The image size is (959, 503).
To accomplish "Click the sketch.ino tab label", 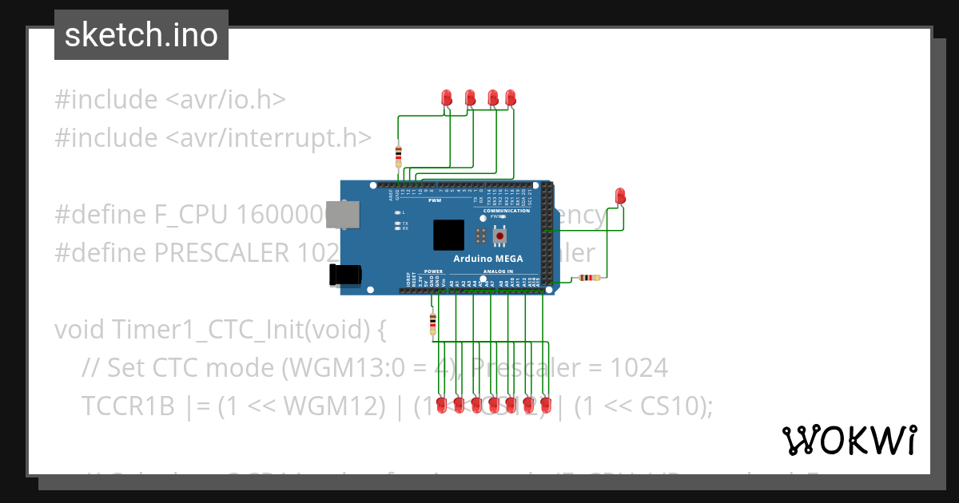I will (x=141, y=35).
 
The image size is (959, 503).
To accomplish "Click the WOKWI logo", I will (x=849, y=440).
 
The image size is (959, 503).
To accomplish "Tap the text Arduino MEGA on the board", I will (x=488, y=259).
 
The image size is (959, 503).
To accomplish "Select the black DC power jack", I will (x=345, y=275).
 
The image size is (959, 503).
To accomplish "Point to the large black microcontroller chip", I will (x=448, y=236).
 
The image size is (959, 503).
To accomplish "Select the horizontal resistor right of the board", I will (x=589, y=278).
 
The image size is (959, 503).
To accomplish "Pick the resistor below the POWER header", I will (x=433, y=323).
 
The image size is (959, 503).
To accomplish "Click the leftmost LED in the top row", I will (x=447, y=97).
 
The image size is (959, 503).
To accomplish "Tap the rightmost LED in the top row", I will (x=511, y=97).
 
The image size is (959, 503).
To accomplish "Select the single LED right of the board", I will (x=620, y=196).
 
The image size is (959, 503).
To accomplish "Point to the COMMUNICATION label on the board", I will (x=507, y=211).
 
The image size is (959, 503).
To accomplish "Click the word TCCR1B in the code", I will (x=127, y=406).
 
